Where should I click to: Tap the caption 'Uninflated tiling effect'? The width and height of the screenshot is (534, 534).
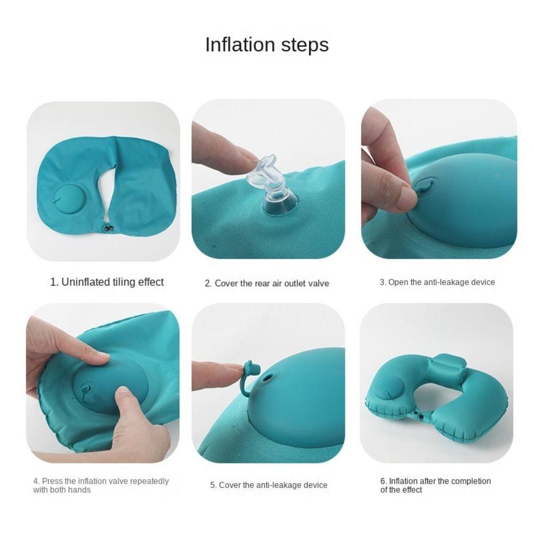pyautogui.click(x=107, y=282)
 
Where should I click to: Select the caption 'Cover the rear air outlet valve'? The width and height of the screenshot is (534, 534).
pyautogui.click(x=266, y=284)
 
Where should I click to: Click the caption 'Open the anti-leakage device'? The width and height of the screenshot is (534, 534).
pyautogui.click(x=437, y=282)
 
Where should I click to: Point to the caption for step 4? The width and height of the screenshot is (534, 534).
pyautogui.click(x=101, y=485)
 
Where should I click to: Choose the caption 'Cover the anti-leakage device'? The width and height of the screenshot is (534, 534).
pyautogui.click(x=269, y=485)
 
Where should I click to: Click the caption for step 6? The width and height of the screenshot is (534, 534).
pyautogui.click(x=436, y=485)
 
